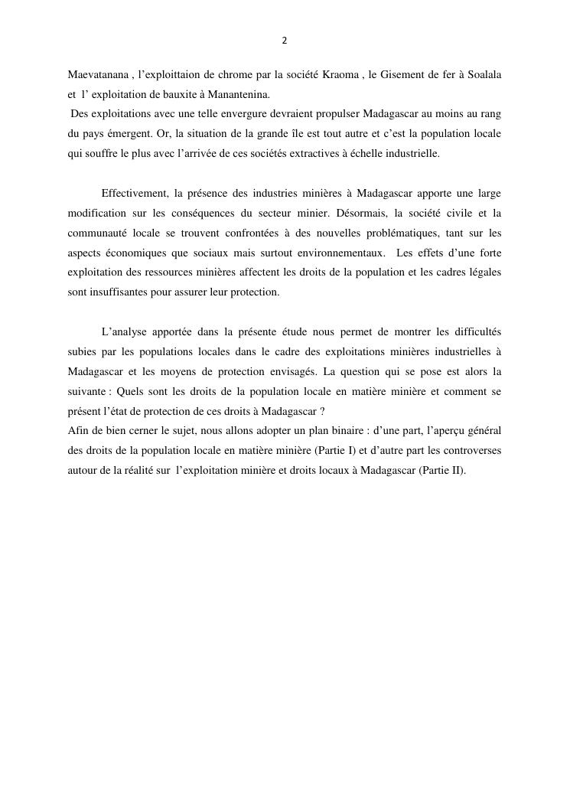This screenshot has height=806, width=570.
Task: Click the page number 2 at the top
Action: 285,41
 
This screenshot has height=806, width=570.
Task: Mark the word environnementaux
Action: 343,253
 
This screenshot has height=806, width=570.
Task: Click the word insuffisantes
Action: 109,292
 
